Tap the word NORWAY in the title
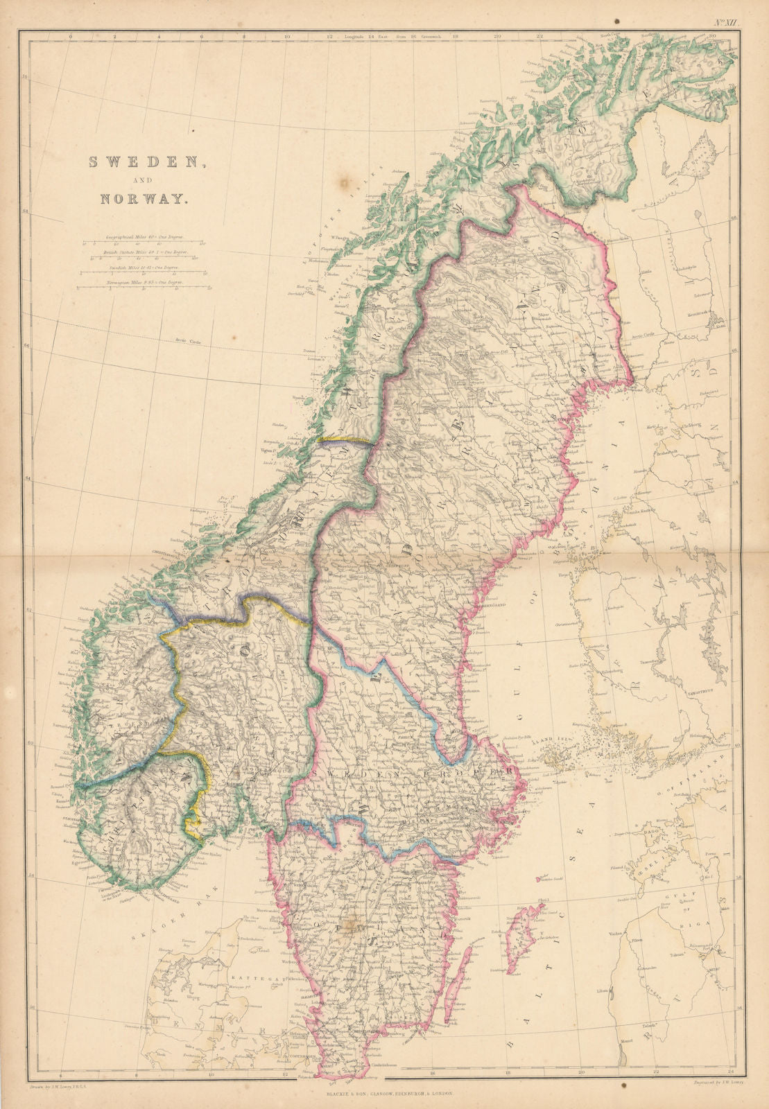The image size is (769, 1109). coord(144,198)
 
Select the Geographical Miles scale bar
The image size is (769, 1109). coord(143,243)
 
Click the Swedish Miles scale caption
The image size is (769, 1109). coord(143,266)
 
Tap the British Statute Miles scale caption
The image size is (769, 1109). coord(143,253)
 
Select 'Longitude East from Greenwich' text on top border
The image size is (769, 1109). coord(388,35)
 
